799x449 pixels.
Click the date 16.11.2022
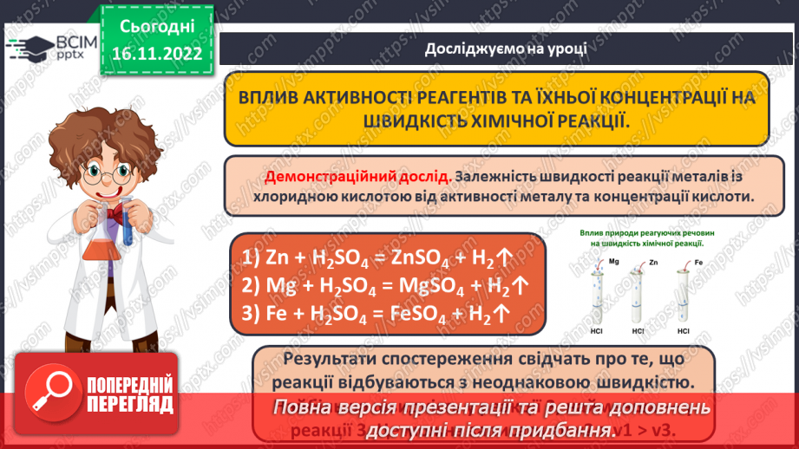click(155, 54)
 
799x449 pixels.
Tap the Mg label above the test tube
click(613, 261)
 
